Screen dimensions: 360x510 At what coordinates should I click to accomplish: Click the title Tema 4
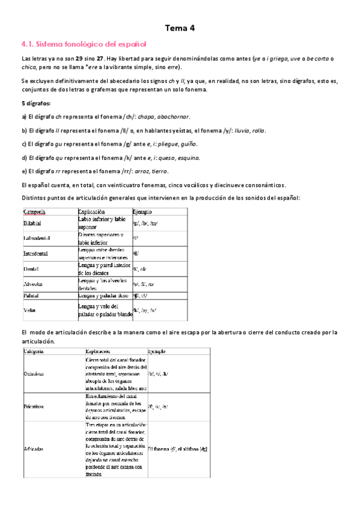180,28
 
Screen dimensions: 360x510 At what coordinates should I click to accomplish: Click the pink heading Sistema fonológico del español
84,45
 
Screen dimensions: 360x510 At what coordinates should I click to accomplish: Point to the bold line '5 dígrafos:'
35,103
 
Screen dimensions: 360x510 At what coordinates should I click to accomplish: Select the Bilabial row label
32,223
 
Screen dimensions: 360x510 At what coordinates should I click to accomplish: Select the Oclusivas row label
35,373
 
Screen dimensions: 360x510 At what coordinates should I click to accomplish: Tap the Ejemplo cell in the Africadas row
177,448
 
